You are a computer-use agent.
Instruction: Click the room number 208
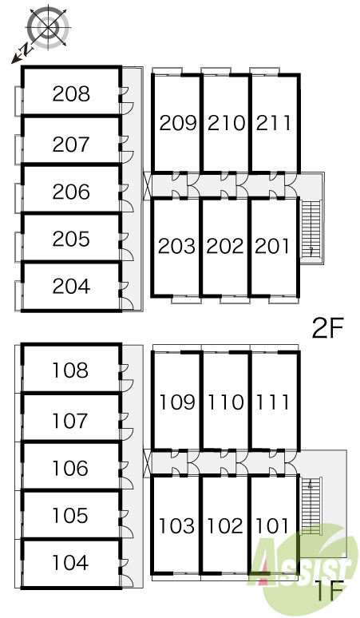[71, 93]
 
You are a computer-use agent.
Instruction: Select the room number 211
[273, 123]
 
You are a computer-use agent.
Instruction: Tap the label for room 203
[176, 247]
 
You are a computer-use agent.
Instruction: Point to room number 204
[71, 286]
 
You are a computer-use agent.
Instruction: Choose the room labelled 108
[70, 370]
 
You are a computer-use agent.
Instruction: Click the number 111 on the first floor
[273, 402]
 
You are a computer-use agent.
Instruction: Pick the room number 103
[176, 525]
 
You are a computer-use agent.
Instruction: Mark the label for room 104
[70, 562]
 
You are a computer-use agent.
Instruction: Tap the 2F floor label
[328, 328]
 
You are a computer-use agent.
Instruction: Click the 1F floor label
[330, 590]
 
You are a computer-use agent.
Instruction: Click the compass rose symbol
[48, 27]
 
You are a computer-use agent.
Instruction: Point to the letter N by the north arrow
[26, 50]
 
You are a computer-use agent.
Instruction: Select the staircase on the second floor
[311, 229]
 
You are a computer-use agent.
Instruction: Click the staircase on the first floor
[311, 505]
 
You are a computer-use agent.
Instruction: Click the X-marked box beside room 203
[147, 186]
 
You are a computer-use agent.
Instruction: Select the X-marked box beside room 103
[147, 463]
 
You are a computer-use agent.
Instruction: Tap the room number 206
[71, 192]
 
